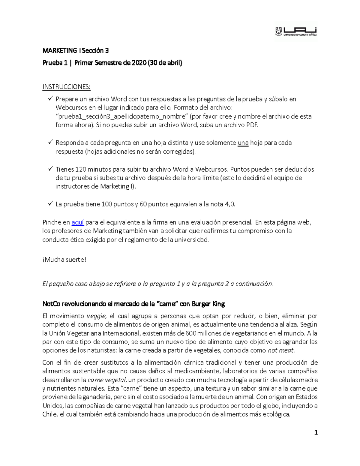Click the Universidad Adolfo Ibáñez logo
point(296,31)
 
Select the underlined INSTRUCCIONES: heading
point(66,87)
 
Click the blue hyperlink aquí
point(77,222)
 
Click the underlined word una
point(243,143)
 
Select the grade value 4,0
point(230,204)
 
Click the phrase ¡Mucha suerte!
point(64,260)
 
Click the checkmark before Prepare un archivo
point(50,98)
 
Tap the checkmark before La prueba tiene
point(50,204)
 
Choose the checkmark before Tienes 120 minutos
point(50,169)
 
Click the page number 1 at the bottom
point(316,432)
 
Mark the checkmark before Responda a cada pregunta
point(50,142)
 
